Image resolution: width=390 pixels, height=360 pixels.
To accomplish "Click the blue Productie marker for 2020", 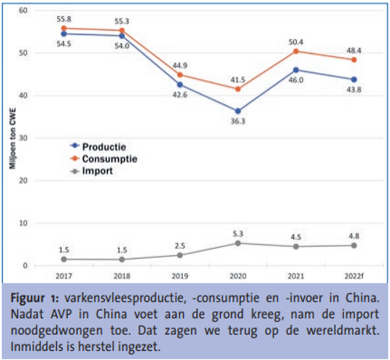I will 238,111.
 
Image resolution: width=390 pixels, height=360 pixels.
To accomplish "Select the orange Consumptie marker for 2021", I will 296,51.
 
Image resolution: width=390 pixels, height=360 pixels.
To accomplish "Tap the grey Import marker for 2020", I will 238,243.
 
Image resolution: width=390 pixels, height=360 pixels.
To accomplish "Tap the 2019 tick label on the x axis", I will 180,276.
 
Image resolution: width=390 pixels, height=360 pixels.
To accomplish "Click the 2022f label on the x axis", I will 354,276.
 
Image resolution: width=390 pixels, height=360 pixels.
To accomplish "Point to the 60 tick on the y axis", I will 23,10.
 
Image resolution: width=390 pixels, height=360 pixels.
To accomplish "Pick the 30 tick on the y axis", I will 23,138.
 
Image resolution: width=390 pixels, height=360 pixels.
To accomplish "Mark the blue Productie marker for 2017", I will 64,34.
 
